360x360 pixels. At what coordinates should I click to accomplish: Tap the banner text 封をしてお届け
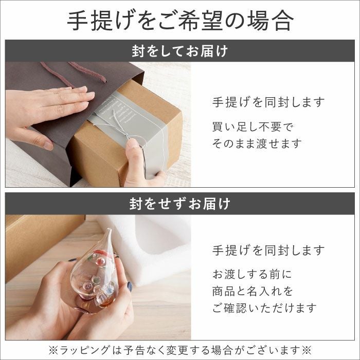click(x=180, y=51)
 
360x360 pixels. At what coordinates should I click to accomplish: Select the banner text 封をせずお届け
click(x=180, y=203)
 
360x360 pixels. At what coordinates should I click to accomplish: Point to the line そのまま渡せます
click(x=257, y=144)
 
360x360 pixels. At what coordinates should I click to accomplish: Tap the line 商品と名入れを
click(x=253, y=291)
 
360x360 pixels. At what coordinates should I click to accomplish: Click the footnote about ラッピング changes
click(x=180, y=350)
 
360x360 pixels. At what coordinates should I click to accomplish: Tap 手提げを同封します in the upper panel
click(x=268, y=102)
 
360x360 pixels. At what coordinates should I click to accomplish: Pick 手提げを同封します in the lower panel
click(x=268, y=251)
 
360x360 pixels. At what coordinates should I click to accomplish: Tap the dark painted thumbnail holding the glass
click(x=130, y=286)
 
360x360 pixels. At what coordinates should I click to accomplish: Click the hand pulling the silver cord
click(x=136, y=165)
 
